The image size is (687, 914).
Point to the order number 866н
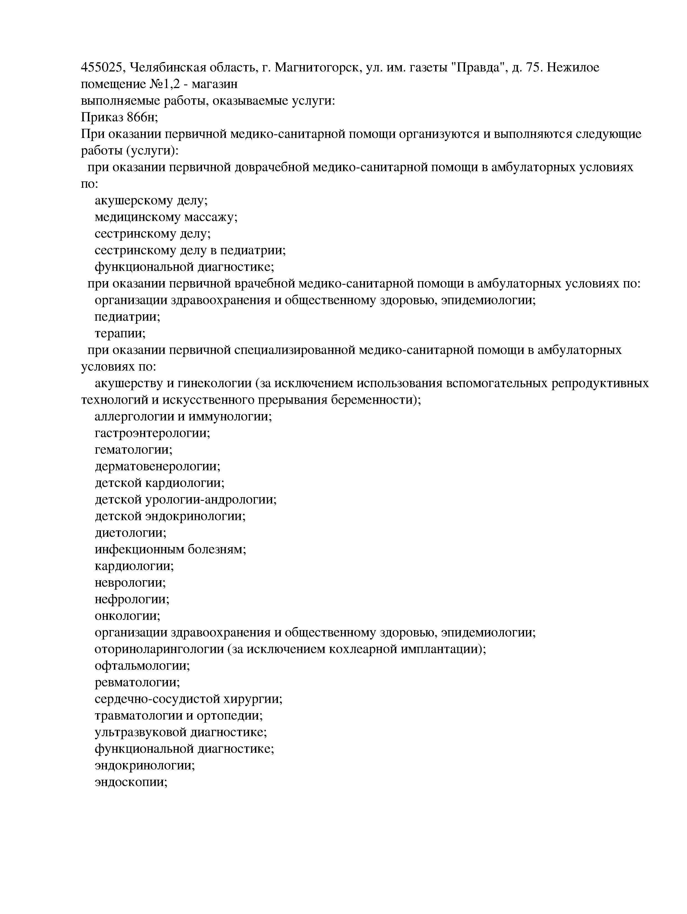[142, 117]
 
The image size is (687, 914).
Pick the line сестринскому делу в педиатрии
[190, 250]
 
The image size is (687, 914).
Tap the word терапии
[120, 333]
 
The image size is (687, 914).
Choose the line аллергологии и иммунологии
[183, 417]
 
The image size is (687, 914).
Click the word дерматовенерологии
[157, 466]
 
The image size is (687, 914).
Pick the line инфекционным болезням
[170, 550]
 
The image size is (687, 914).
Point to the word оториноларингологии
[159, 649]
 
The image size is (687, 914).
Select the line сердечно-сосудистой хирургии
[188, 699]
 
